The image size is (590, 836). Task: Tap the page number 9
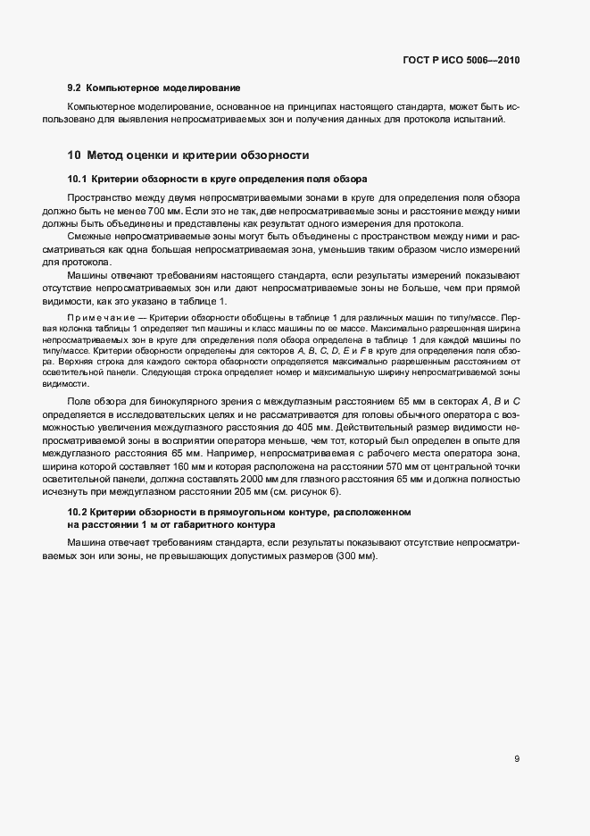518,759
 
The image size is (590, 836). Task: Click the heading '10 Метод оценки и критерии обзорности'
189,155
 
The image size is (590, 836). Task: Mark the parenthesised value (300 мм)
353,556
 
